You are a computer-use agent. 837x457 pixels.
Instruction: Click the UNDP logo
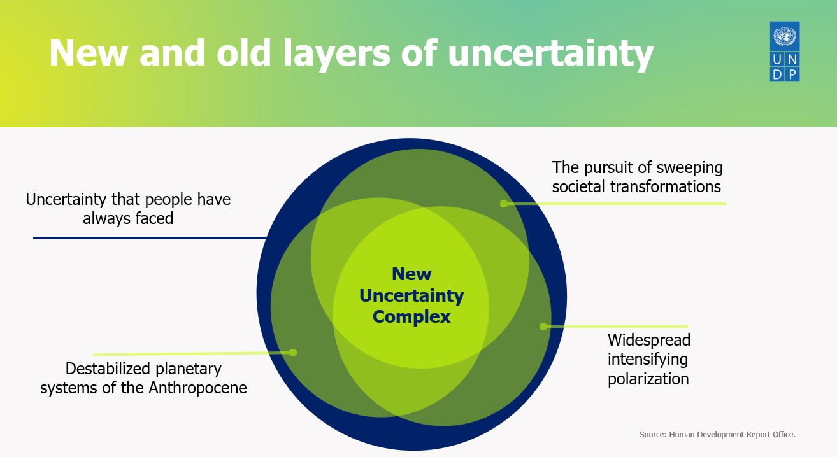pos(785,52)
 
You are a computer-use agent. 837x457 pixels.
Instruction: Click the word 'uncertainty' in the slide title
pos(550,53)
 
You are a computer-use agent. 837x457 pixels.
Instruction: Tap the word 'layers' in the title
pos(337,54)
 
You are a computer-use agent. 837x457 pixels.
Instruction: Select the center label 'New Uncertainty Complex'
pos(411,295)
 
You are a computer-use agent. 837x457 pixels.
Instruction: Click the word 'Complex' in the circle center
pos(411,316)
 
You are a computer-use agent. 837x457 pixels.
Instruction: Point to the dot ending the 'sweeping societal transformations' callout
pos(504,204)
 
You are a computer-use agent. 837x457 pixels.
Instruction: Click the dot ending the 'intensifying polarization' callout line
pos(543,327)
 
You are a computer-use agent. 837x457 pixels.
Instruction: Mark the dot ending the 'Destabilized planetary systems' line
pos(293,353)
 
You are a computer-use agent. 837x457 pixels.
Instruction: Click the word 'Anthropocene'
pos(197,388)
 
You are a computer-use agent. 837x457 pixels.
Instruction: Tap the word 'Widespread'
pos(649,340)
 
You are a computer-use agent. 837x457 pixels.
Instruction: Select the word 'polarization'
pos(648,379)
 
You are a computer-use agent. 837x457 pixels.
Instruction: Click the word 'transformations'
pos(666,186)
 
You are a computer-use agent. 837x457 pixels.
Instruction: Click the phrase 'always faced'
pos(128,218)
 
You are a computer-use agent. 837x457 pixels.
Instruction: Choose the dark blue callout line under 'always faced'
pos(150,238)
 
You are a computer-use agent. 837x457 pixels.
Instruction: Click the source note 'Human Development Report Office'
pos(731,435)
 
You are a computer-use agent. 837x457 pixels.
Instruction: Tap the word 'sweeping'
pos(689,168)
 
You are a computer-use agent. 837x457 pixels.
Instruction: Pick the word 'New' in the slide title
pos(89,53)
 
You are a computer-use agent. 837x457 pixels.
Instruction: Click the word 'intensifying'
pos(648,359)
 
